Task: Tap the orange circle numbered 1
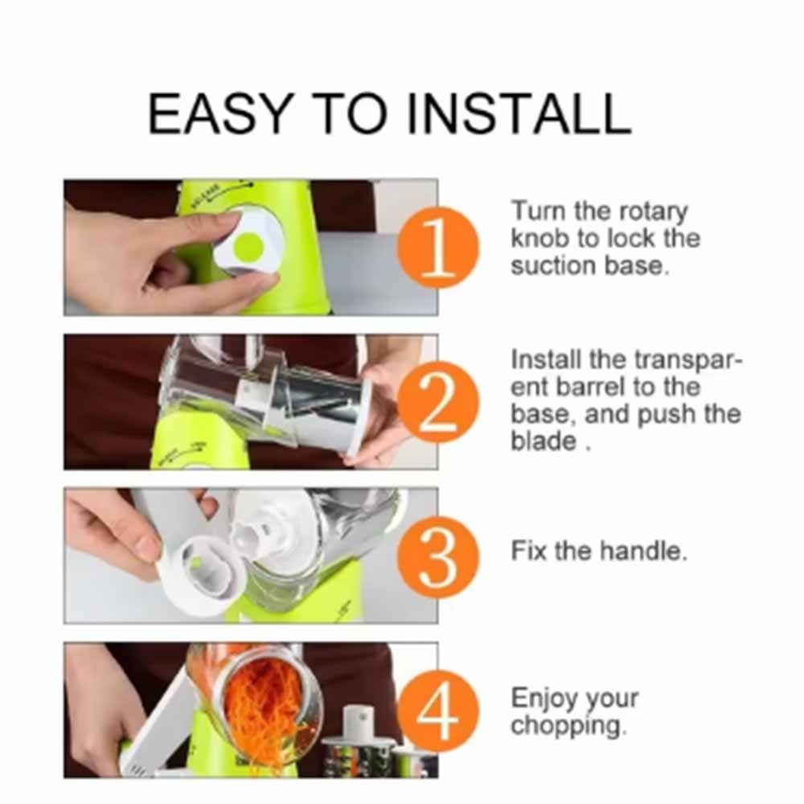[437, 247]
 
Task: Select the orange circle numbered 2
[437, 401]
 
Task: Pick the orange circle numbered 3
[437, 556]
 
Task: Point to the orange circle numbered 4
[437, 712]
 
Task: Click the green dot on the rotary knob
[248, 246]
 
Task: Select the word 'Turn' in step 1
[539, 211]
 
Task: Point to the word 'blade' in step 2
[544, 441]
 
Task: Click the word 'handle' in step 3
[643, 551]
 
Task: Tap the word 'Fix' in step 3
[530, 551]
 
